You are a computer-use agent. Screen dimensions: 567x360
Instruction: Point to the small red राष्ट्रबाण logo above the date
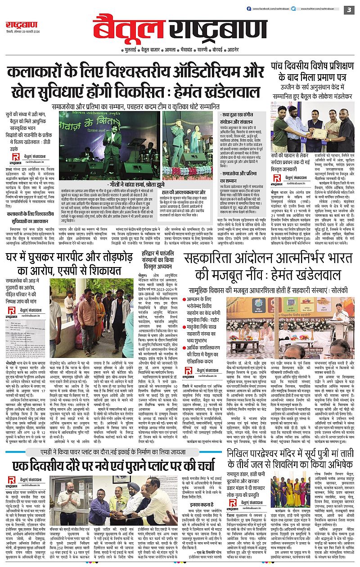(x=17, y=24)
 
